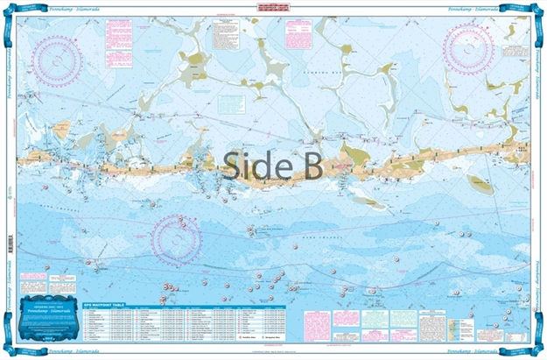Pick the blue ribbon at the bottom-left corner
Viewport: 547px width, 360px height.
17,342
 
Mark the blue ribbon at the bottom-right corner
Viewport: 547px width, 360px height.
530,342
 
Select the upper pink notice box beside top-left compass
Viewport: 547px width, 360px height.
117,32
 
